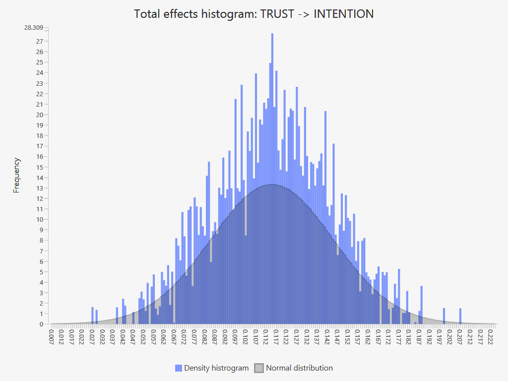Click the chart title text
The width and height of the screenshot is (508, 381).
254,14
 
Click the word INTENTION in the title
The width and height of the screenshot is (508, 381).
344,14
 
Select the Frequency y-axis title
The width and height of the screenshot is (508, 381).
17,175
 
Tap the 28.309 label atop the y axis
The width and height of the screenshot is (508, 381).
33,27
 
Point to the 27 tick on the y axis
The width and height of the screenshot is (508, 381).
40,41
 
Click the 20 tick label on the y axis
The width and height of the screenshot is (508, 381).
40,115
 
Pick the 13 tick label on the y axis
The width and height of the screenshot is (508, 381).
40,188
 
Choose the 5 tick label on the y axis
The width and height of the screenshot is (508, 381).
41,272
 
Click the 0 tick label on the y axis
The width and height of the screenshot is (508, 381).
41,324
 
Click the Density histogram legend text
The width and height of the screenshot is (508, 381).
216,368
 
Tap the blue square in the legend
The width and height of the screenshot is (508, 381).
179,368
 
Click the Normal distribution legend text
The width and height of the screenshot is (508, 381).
299,368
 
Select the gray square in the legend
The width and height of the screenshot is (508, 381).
259,368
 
